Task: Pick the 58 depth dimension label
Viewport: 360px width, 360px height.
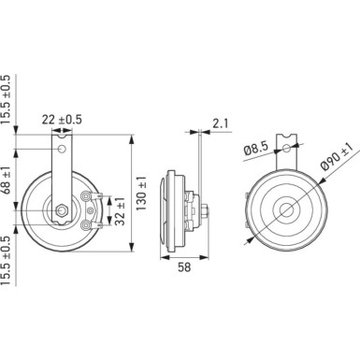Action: [x=182, y=266]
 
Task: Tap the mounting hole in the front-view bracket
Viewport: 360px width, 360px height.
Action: [x=62, y=150]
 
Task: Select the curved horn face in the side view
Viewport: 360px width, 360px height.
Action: [x=168, y=210]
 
